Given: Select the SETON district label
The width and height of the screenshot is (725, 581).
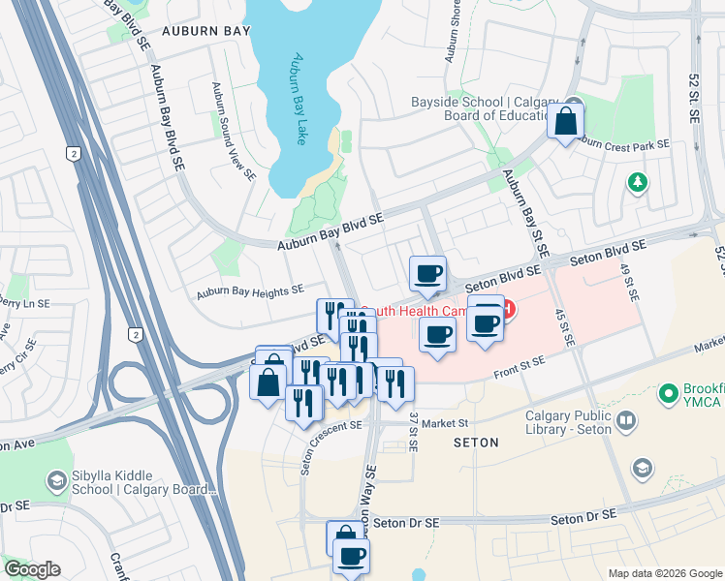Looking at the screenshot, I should (476, 443).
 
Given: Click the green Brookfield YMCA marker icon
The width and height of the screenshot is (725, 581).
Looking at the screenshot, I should (667, 394).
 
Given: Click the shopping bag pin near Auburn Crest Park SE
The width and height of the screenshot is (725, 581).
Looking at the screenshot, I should (566, 122).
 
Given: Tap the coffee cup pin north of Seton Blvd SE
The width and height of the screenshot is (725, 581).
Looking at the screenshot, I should (427, 274).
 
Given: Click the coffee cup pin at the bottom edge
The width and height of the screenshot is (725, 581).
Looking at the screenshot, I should (351, 557).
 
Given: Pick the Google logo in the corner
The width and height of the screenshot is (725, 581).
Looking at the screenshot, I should (32, 569).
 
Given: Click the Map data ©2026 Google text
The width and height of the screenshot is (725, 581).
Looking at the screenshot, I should (664, 573).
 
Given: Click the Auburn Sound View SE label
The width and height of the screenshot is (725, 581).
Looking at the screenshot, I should (234, 133).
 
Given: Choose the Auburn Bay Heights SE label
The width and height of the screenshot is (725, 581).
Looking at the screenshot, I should (250, 290).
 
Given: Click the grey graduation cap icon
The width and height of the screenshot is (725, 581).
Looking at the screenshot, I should (641, 469).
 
